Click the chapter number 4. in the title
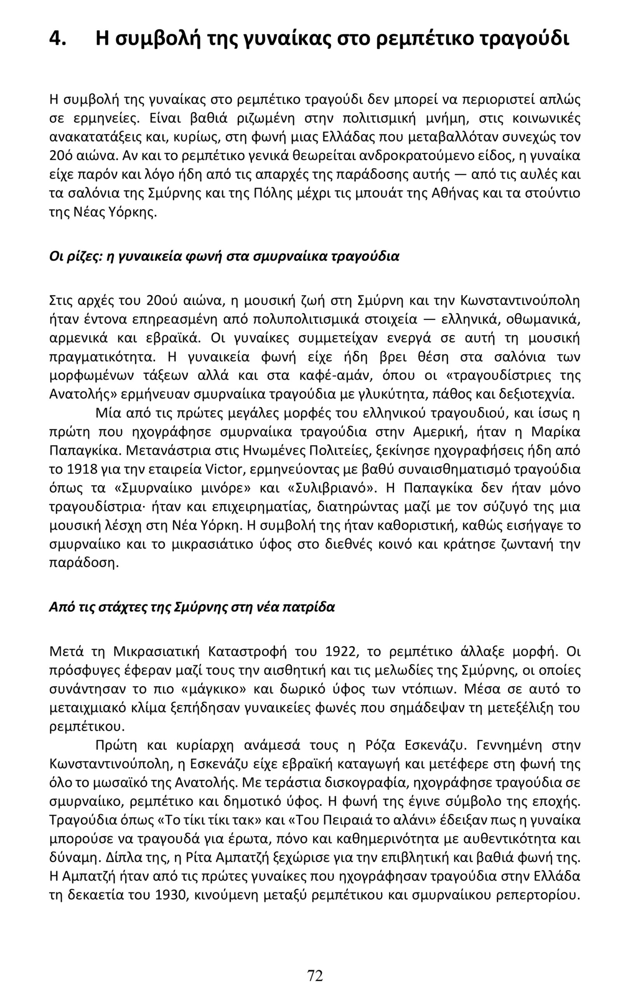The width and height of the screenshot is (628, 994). (58, 39)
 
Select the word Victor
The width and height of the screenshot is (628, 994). (222, 469)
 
